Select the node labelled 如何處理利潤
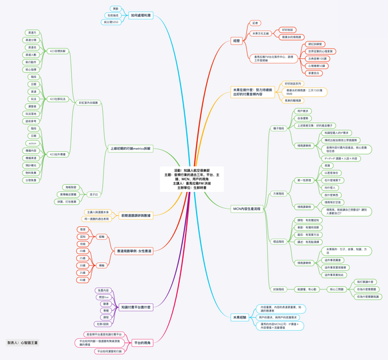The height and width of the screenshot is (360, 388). [x=140, y=14]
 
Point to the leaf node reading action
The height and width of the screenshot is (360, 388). [x=33, y=143]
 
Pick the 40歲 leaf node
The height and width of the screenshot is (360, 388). [x=82, y=280]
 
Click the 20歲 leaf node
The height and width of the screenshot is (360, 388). [x=82, y=250]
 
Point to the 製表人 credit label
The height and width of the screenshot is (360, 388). [x=23, y=343]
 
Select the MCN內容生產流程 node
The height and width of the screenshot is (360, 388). [x=246, y=209]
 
